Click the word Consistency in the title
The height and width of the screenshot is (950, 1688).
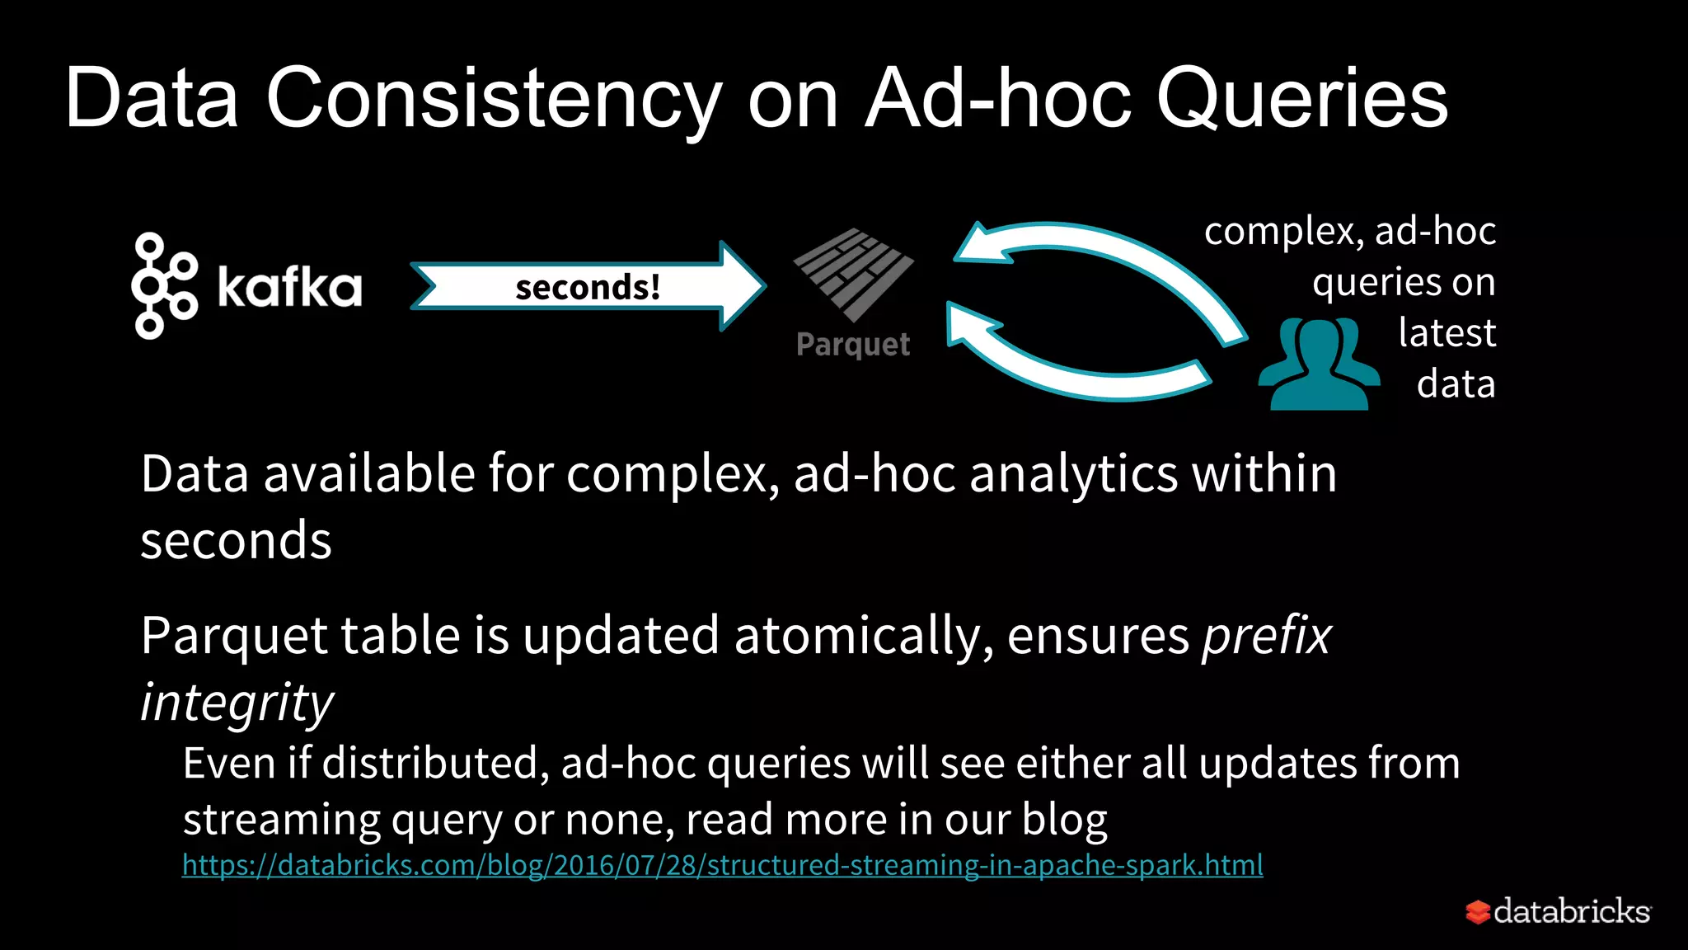(x=493, y=99)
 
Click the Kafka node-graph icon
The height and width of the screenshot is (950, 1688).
(x=163, y=285)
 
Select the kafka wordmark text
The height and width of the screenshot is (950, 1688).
(x=289, y=287)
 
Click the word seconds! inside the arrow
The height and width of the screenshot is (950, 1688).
(x=587, y=287)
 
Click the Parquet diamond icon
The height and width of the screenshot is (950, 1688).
(x=853, y=274)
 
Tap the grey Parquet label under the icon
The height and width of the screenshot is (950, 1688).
(x=853, y=344)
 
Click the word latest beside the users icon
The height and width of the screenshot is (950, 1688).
(x=1447, y=333)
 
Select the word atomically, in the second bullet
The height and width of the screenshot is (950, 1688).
(x=862, y=637)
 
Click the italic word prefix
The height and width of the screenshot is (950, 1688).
(x=1267, y=637)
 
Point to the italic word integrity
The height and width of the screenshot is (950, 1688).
(x=237, y=703)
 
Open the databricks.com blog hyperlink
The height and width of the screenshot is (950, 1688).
(x=722, y=865)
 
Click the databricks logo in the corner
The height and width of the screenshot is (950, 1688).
(x=1558, y=911)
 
